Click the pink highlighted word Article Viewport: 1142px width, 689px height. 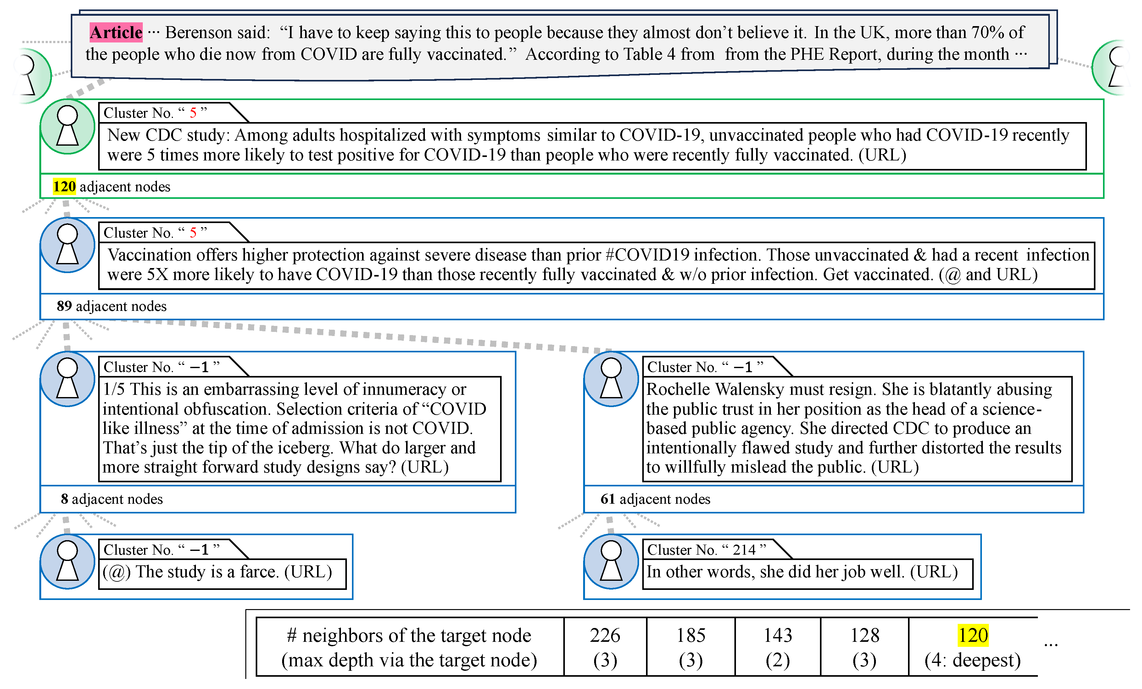click(116, 32)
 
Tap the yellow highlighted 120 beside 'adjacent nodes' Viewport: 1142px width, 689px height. click(64, 186)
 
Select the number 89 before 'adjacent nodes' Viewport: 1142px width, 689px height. click(64, 306)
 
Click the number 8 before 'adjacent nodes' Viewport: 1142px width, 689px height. click(64, 499)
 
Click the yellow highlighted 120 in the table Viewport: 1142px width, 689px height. click(973, 635)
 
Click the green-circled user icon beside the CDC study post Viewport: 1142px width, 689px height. click(68, 126)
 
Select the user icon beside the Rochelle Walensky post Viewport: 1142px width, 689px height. click(611, 378)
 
